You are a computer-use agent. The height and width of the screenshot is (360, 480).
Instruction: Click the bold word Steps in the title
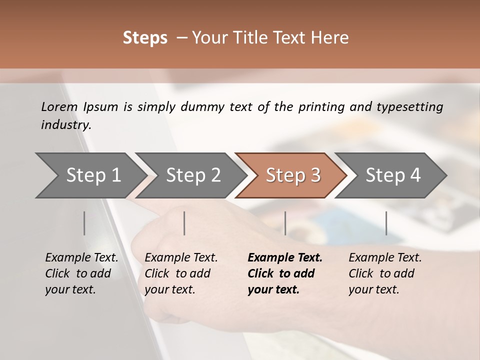(145, 38)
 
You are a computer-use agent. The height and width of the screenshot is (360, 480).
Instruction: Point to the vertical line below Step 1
(84, 223)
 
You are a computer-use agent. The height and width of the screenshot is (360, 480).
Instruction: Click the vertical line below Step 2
(184, 223)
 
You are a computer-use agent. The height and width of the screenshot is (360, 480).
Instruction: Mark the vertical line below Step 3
(285, 223)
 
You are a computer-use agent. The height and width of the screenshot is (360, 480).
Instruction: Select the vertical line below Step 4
(386, 223)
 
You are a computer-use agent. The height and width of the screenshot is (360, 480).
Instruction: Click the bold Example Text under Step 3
(285, 258)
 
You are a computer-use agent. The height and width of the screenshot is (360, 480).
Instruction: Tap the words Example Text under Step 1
(81, 258)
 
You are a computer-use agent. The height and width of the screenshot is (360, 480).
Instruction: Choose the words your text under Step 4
(373, 289)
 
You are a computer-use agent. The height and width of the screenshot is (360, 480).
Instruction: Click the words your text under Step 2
(169, 289)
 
